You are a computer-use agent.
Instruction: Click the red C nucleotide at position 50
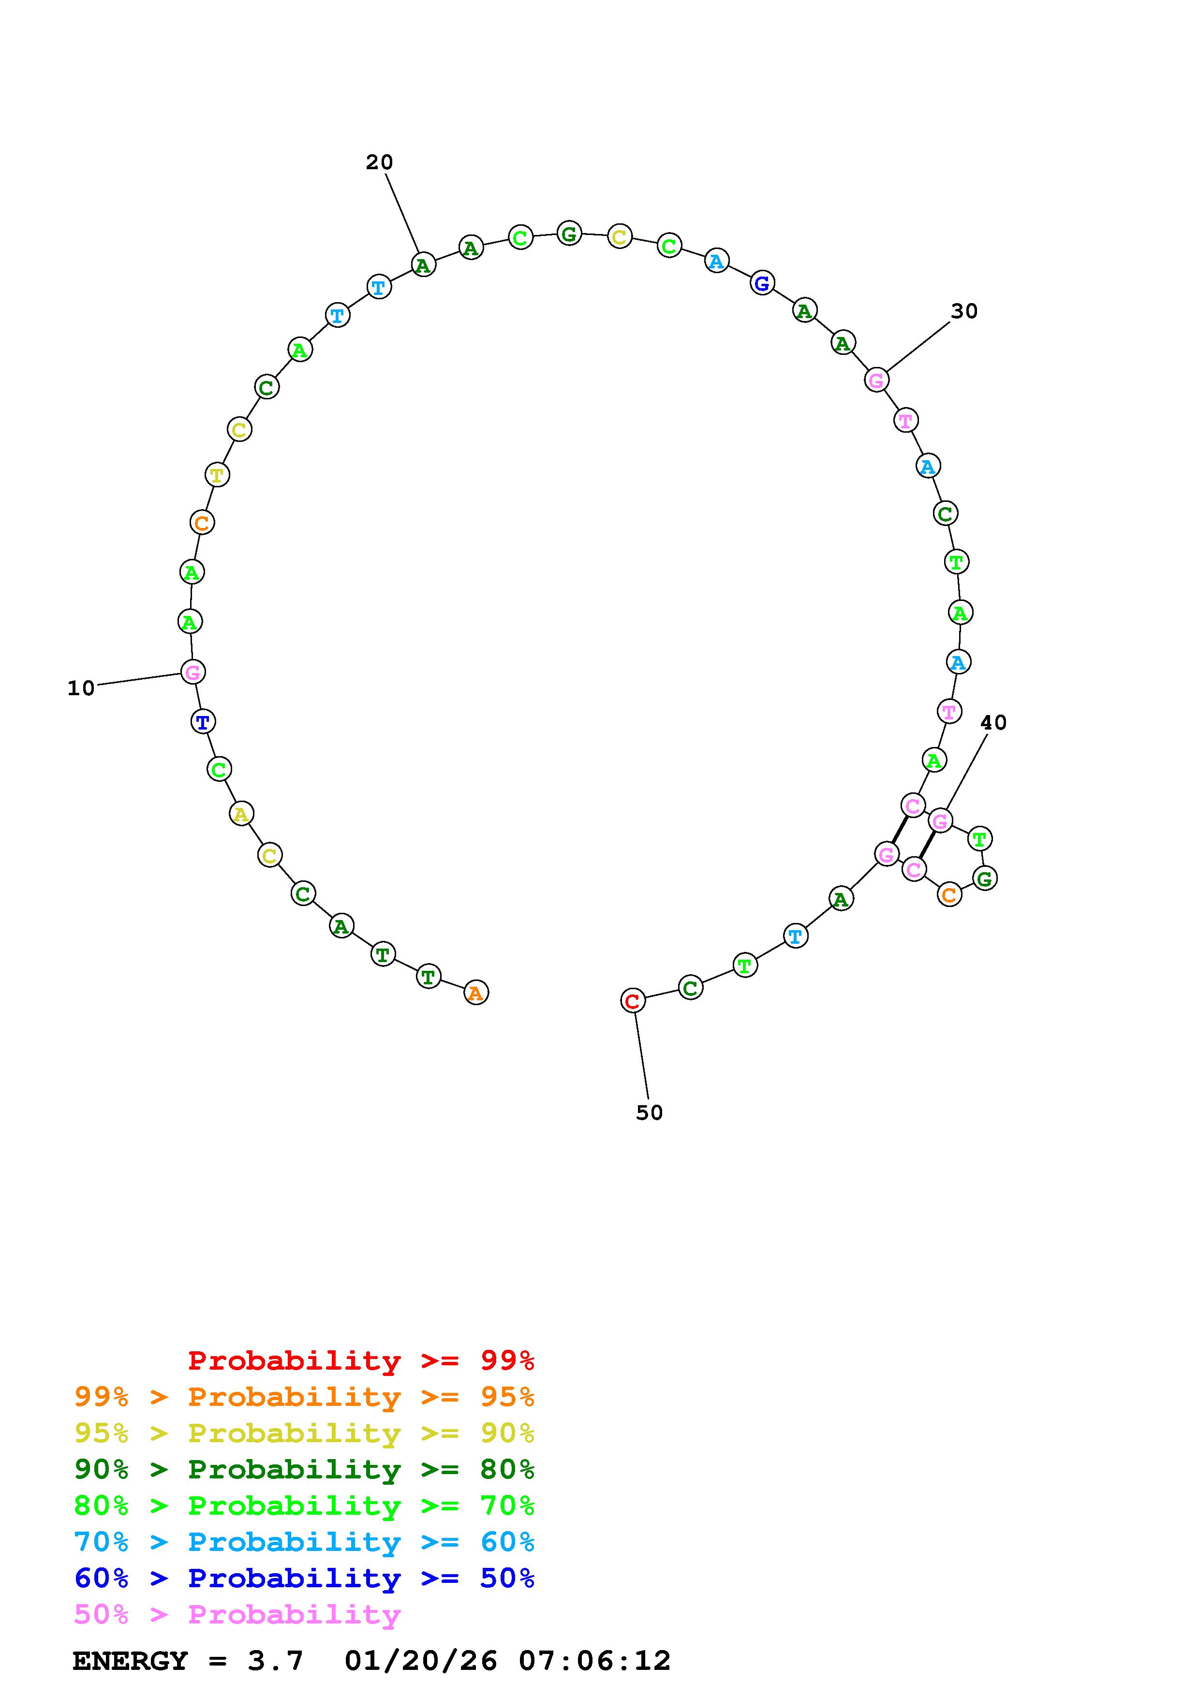[632, 1001]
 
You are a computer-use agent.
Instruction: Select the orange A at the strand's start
[476, 993]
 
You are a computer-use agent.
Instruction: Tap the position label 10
[81, 688]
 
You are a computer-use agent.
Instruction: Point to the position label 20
[380, 162]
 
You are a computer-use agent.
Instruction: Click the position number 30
[964, 312]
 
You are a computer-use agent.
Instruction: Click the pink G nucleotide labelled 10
[193, 672]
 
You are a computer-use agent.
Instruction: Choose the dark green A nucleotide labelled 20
[423, 264]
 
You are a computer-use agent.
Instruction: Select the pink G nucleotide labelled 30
[876, 380]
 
